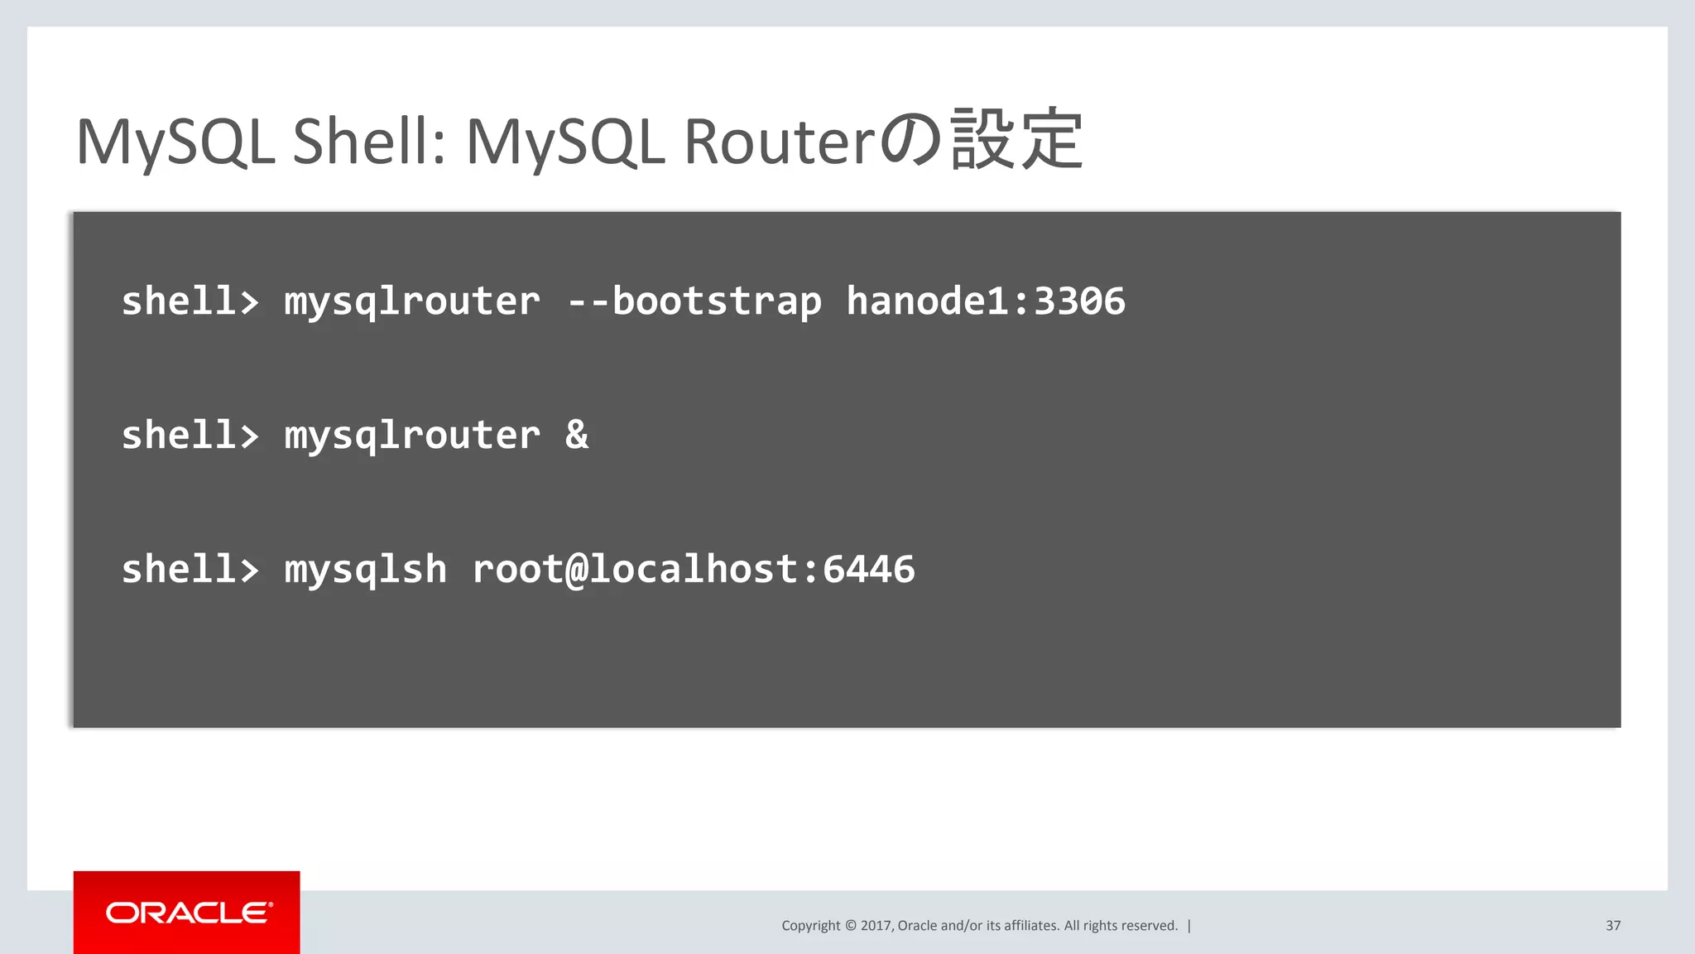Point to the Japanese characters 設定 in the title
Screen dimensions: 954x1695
click(1016, 140)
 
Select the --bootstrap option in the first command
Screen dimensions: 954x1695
click(694, 301)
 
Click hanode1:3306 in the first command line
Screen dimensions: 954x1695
click(985, 301)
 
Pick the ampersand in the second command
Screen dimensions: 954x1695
click(577, 435)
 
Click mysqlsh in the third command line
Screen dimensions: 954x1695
click(365, 570)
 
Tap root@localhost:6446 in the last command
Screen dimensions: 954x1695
click(694, 570)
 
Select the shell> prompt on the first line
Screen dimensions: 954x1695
click(190, 301)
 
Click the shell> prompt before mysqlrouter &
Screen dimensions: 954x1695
click(190, 435)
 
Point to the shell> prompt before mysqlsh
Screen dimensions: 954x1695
click(190, 570)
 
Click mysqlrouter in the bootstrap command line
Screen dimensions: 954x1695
click(412, 302)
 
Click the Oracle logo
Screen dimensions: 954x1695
click(187, 913)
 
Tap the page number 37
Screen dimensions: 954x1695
click(1612, 926)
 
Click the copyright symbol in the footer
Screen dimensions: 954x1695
click(850, 926)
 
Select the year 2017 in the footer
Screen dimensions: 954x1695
click(876, 926)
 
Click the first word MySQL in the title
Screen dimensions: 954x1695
click(175, 142)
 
